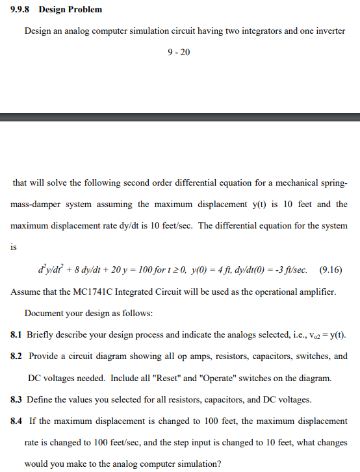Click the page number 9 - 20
click(179, 52)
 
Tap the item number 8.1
click(18, 335)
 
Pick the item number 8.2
click(18, 356)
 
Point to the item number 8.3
click(18, 399)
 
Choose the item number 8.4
click(18, 421)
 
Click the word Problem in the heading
click(85, 10)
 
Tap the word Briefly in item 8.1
click(43, 335)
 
